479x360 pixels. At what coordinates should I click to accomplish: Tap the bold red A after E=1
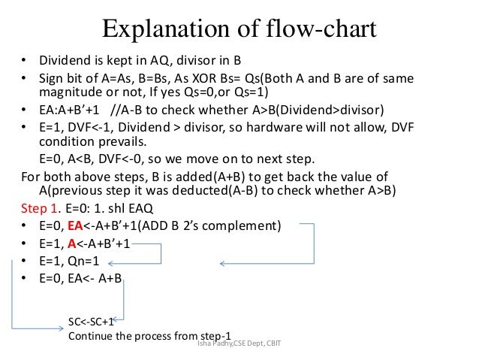[x=72, y=244]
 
